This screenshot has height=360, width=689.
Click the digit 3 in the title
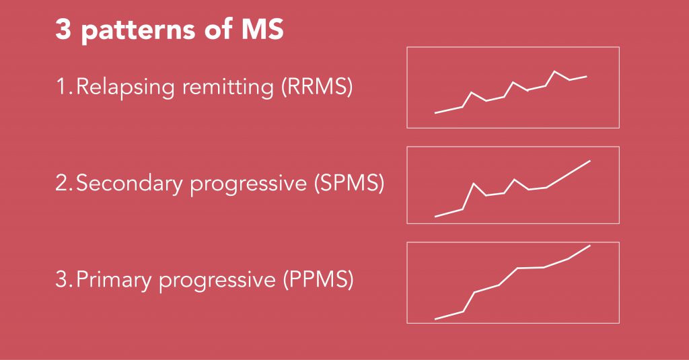point(63,30)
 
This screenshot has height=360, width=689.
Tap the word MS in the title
point(263,30)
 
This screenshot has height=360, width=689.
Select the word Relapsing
point(125,87)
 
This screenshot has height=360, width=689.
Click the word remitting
point(228,87)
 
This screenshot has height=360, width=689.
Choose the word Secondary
point(129,183)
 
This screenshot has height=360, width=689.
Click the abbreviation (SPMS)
point(349,183)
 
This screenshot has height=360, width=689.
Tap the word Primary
point(114,280)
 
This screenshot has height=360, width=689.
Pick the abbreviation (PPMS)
point(318,279)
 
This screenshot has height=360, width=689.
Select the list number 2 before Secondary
point(65,183)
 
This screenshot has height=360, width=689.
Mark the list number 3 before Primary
point(65,279)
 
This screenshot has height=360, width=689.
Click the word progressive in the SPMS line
point(248,184)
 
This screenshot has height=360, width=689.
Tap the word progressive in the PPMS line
point(217,281)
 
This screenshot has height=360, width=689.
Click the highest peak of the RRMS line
point(554,71)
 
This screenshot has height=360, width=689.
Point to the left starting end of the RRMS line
point(435,113)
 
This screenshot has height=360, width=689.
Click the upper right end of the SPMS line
point(589,161)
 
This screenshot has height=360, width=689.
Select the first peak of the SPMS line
point(474,183)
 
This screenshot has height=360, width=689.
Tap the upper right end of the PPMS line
point(589,246)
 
